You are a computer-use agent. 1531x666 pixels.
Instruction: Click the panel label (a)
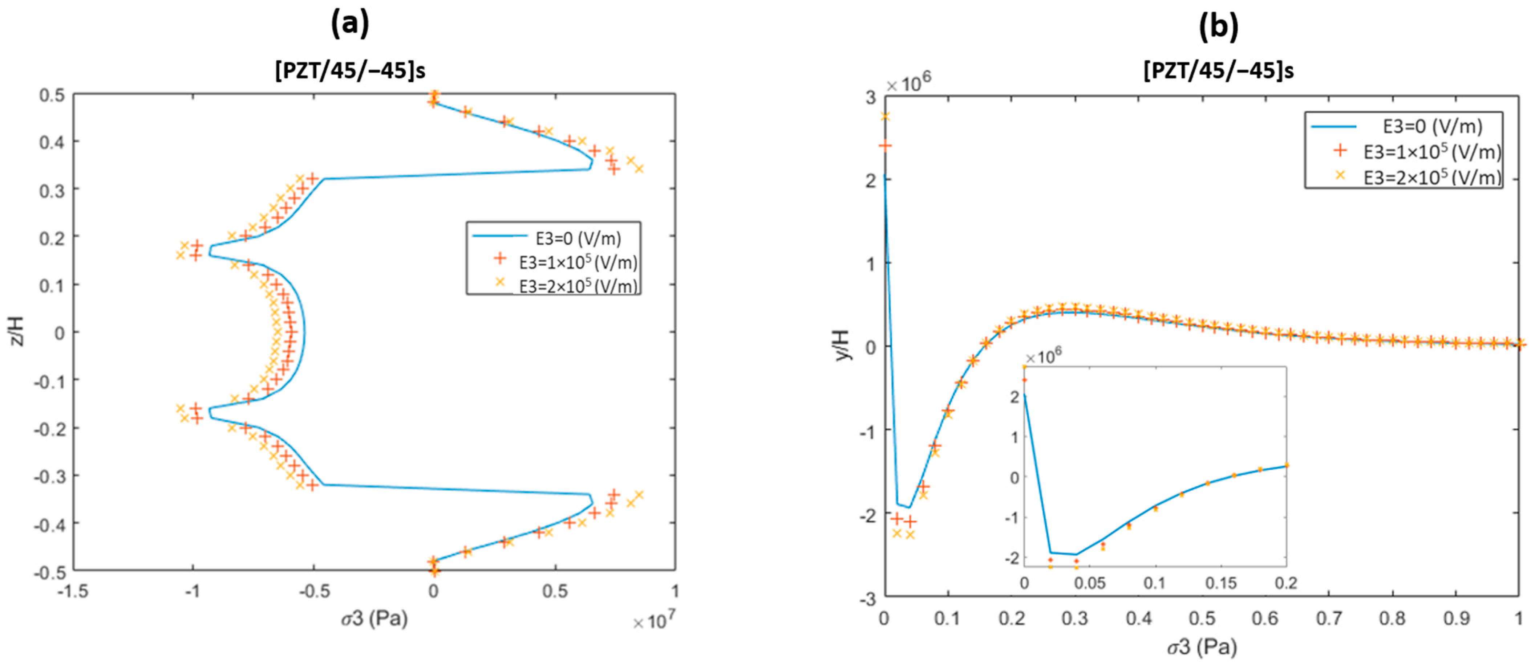pos(350,25)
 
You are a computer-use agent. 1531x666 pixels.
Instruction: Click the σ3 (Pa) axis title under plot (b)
pos(1202,646)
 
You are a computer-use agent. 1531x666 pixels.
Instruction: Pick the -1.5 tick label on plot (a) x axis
pos(73,591)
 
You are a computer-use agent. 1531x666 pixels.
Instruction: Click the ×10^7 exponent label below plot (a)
pos(654,621)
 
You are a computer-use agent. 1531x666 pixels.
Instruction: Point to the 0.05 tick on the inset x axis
pos(1089,583)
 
